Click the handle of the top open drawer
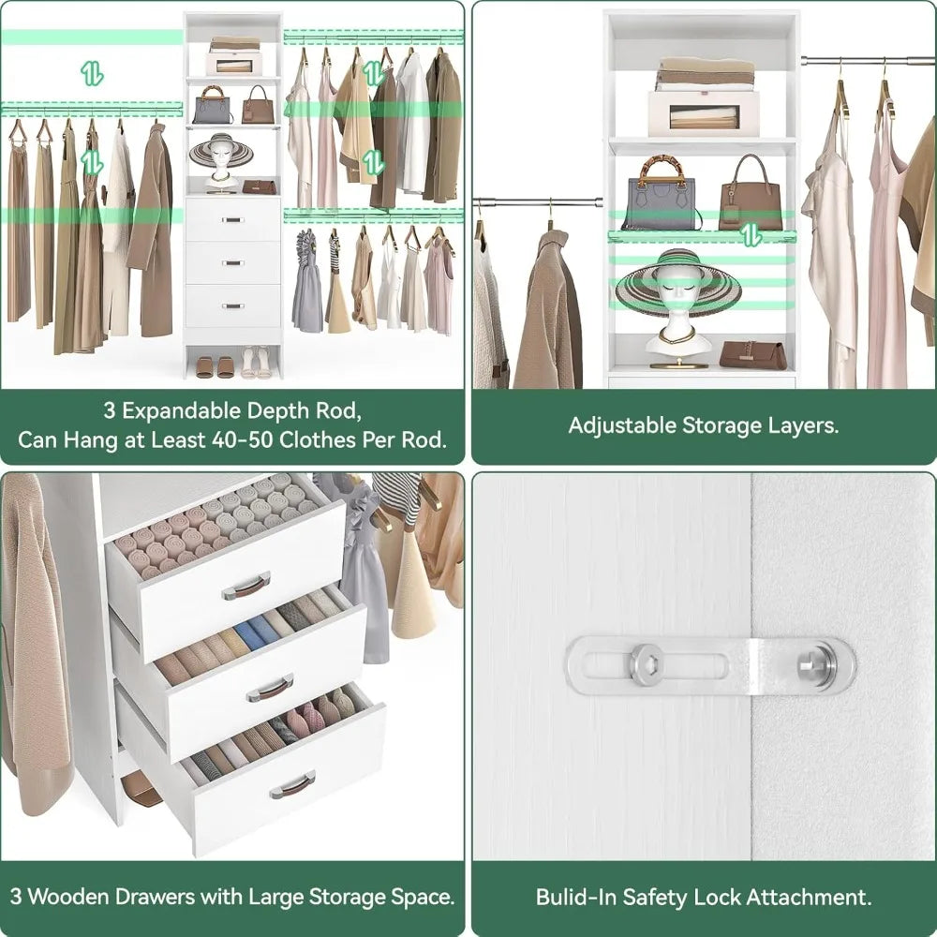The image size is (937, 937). click(x=245, y=586)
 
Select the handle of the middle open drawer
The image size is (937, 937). click(x=270, y=689)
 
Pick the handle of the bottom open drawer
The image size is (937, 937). click(x=293, y=785)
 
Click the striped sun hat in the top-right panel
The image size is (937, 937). click(x=677, y=286)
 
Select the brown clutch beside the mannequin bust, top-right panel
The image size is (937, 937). click(x=752, y=355)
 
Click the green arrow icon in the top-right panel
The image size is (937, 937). click(x=751, y=235)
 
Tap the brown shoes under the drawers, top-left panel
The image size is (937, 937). click(x=215, y=366)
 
